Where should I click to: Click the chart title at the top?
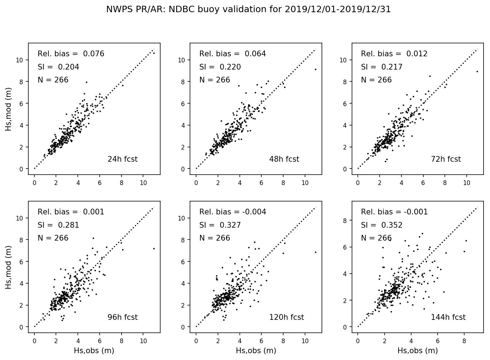[x=248, y=10]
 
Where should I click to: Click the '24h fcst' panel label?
[x=122, y=159]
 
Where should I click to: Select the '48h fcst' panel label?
[x=284, y=159]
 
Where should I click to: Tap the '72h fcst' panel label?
[x=446, y=159]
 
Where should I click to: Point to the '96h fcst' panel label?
[x=122, y=317]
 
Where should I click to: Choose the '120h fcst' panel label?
[x=286, y=317]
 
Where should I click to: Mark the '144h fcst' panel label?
[x=448, y=317]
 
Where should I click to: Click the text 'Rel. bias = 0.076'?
[x=71, y=54]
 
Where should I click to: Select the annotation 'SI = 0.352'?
[x=381, y=225]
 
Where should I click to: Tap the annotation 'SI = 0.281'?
[x=58, y=225]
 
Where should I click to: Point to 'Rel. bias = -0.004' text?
[x=233, y=212]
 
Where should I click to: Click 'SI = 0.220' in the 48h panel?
[x=220, y=67]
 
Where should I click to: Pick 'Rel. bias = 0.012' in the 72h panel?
[x=394, y=54]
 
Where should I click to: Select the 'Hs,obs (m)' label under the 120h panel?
[x=256, y=351]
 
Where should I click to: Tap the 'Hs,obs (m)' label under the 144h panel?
[x=418, y=351]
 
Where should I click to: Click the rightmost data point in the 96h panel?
[x=154, y=248]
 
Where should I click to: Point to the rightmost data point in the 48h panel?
[x=315, y=69]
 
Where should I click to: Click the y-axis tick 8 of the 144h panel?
[x=344, y=221]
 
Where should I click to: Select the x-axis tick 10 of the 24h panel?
[x=143, y=183]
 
